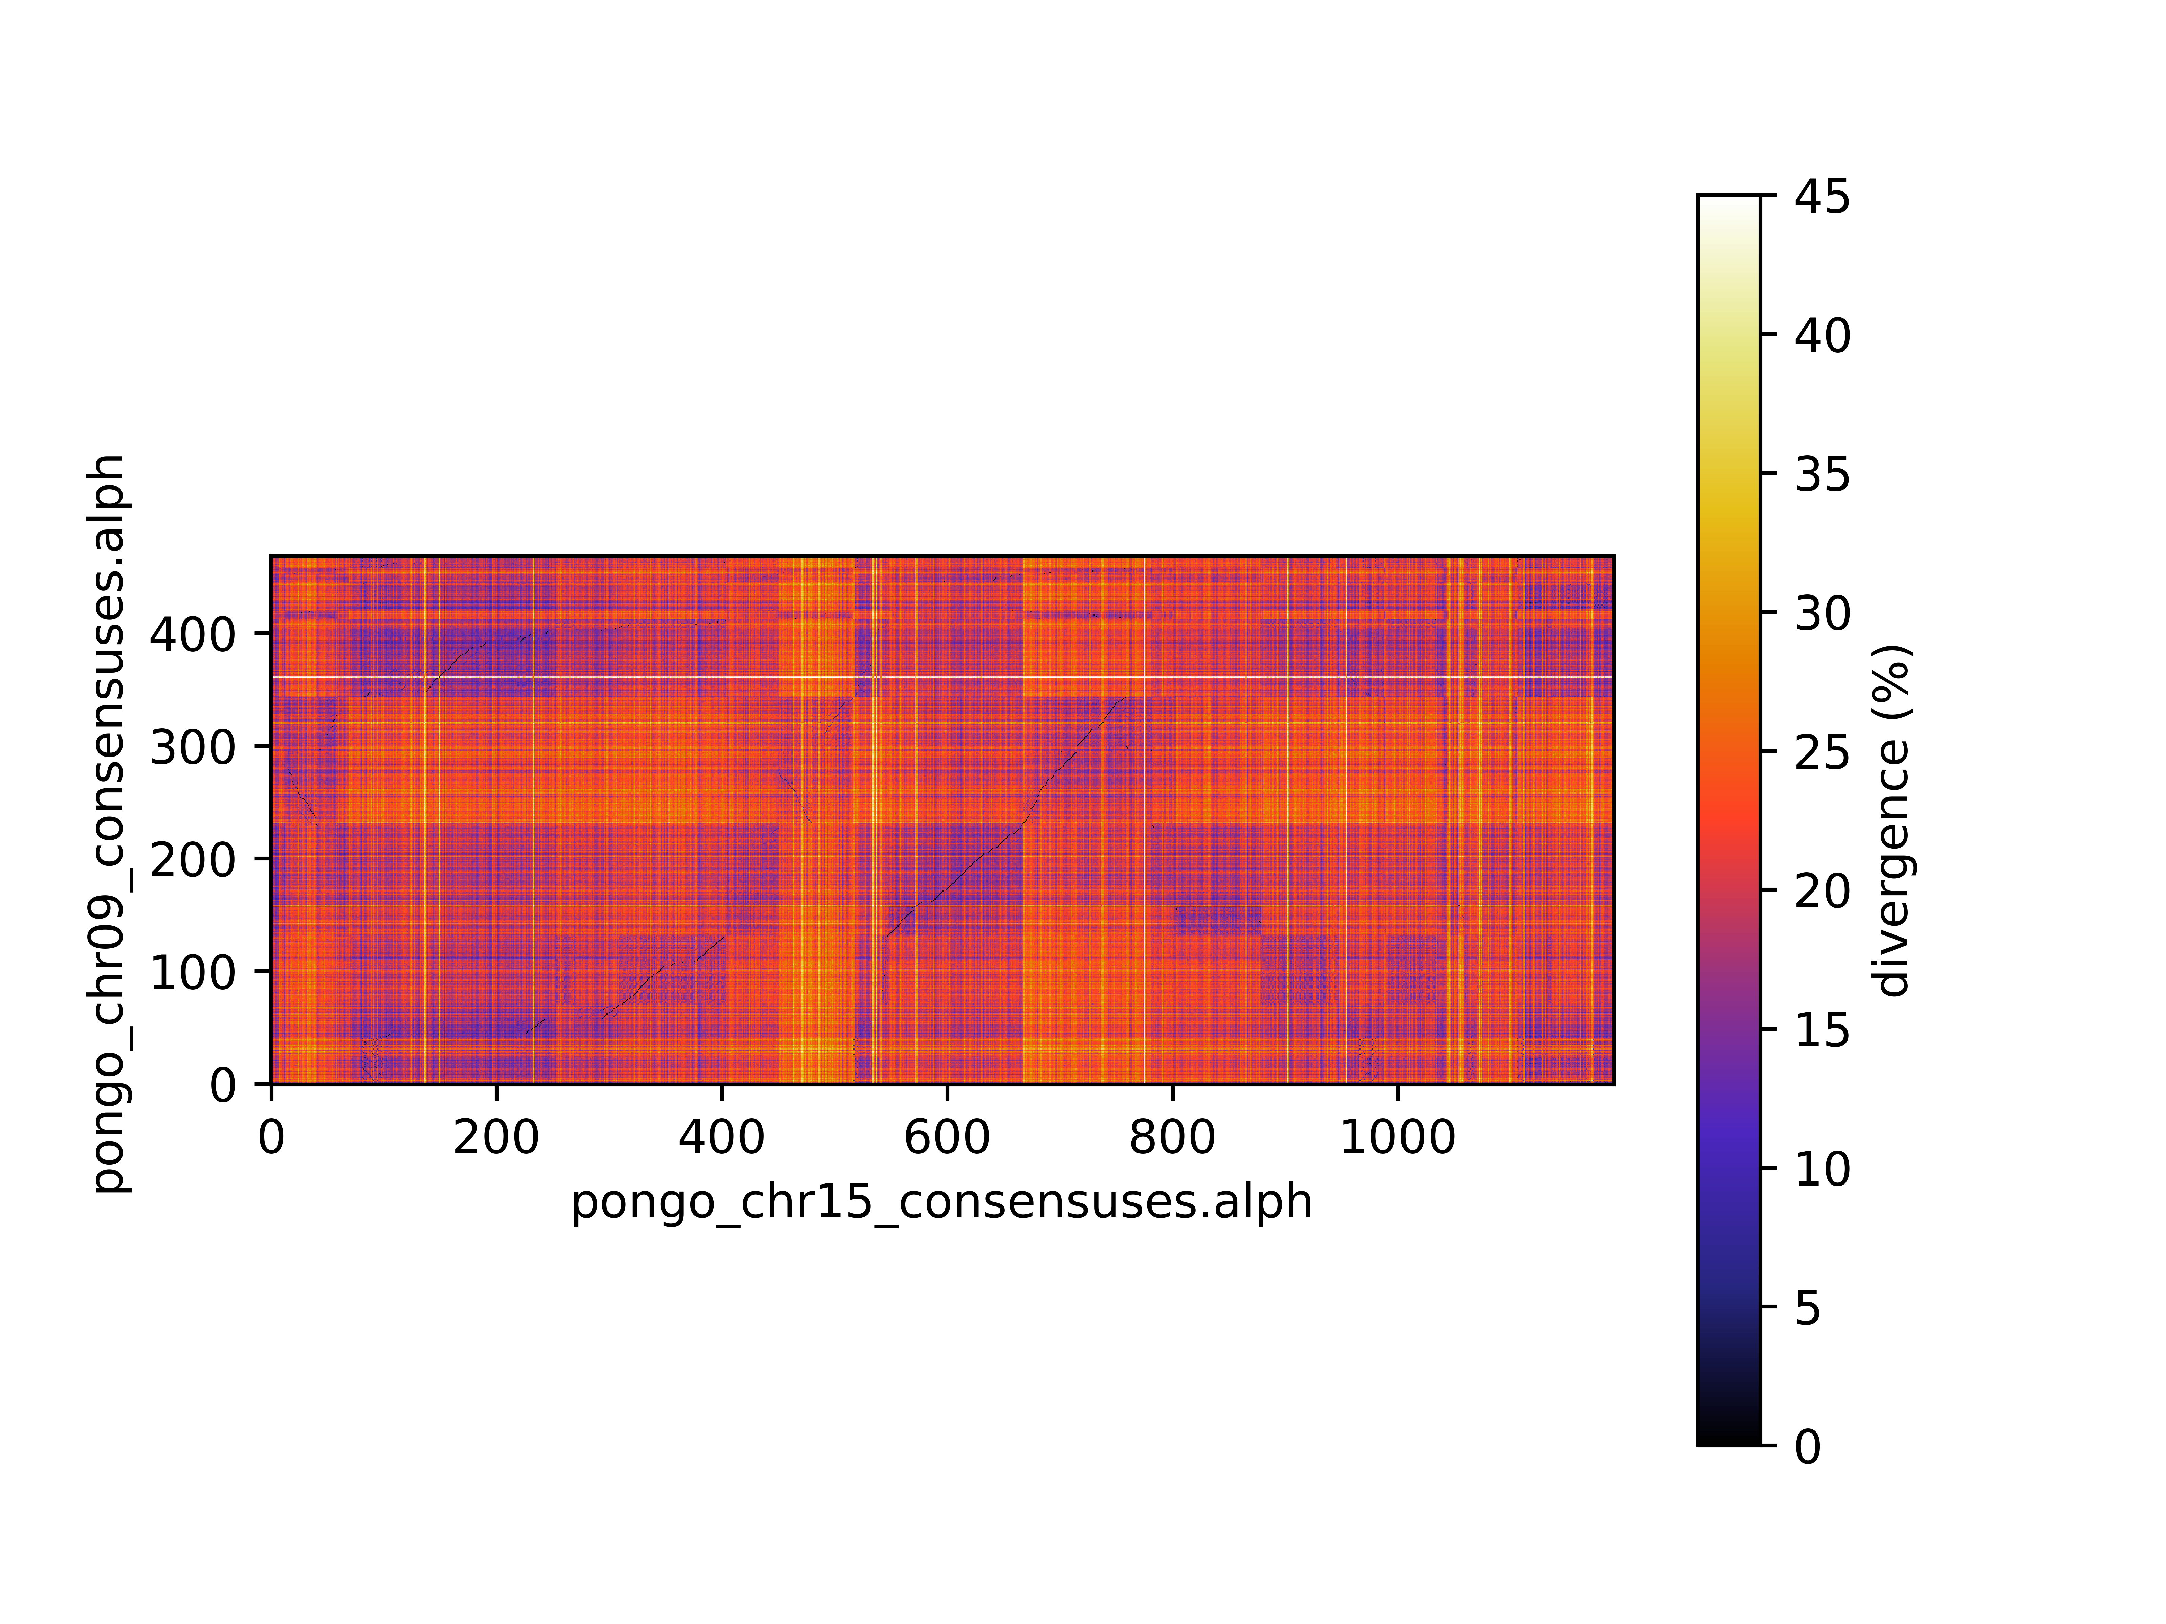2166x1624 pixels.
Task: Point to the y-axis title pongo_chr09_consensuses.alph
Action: coord(110,822)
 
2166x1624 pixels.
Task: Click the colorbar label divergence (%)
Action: coord(1892,820)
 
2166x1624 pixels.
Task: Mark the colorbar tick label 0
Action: coord(1808,1447)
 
